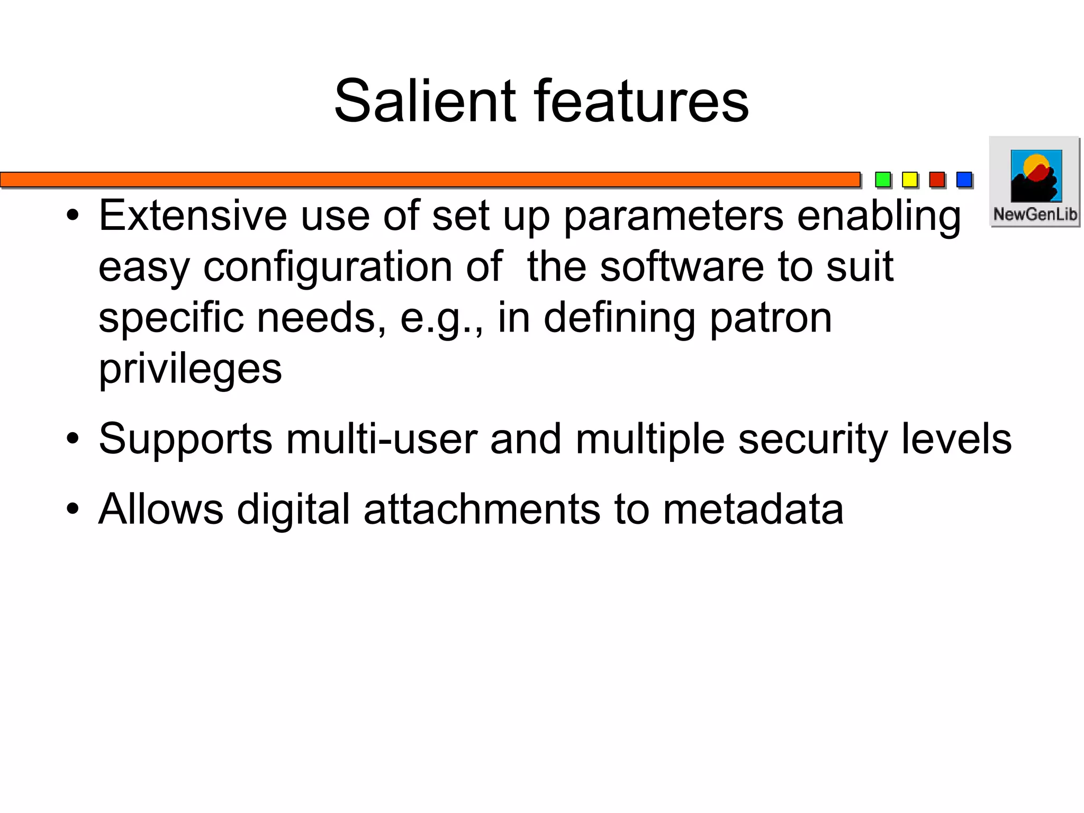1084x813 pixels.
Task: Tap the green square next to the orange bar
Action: point(883,180)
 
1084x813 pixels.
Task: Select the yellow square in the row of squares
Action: point(910,180)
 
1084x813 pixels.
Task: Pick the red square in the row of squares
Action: point(937,180)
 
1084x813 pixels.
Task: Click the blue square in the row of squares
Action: point(964,180)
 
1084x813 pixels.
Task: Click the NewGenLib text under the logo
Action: point(1035,215)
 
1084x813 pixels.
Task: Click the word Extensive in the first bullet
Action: point(193,216)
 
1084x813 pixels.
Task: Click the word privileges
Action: point(190,370)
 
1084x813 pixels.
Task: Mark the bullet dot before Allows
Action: point(73,510)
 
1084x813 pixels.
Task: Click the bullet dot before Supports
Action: point(73,439)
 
